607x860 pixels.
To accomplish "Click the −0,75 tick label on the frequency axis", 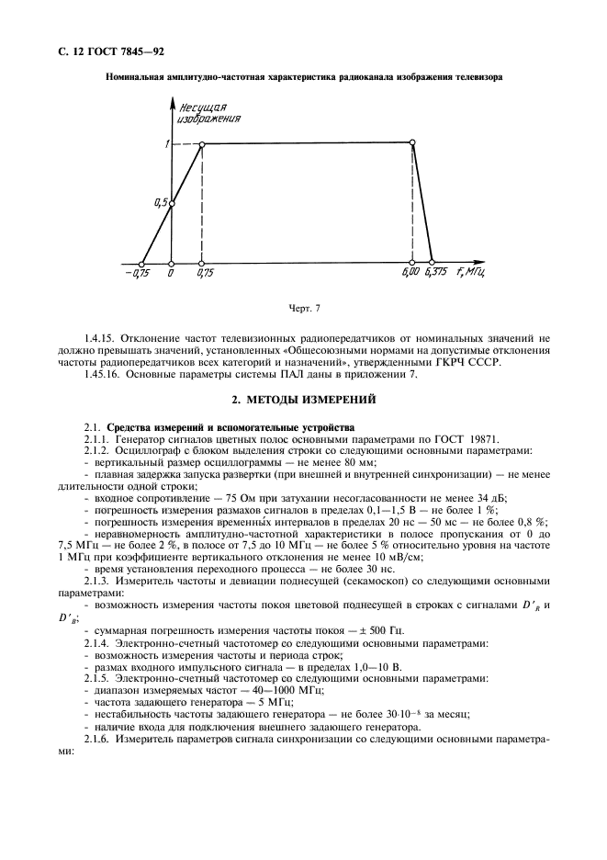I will pyautogui.click(x=140, y=273).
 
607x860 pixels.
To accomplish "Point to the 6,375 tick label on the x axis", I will pyautogui.click(x=437, y=273).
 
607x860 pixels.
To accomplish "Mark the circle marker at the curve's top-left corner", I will pyautogui.click(x=202, y=143).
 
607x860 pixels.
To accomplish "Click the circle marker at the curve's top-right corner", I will pyautogui.click(x=412, y=142).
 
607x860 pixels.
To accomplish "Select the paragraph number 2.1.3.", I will pyautogui.click(x=99, y=581).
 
